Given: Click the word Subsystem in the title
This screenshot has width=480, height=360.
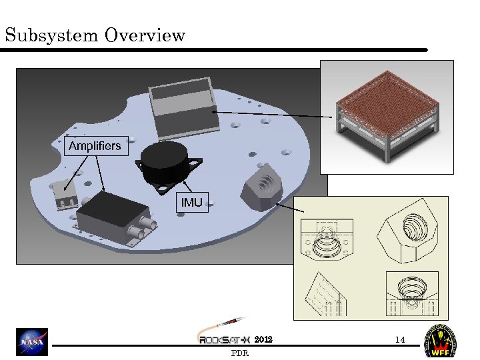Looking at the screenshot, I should point(51,35).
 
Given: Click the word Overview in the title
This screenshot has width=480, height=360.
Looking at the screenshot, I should point(145,35).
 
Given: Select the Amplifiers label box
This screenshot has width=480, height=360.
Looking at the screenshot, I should point(95,145).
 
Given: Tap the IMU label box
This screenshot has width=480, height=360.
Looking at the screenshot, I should point(191,201).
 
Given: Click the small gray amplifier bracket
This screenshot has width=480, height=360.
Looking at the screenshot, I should point(65,194).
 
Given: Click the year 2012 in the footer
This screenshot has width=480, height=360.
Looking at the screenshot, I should point(263,340).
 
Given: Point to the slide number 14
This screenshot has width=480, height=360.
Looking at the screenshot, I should point(399,340).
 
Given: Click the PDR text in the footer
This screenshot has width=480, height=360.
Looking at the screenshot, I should point(239,353).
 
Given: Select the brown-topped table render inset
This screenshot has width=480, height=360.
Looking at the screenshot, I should point(387,117).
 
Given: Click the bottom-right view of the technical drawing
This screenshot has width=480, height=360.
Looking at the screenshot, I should point(411,293).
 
